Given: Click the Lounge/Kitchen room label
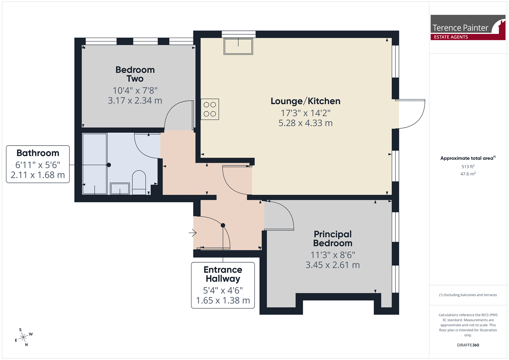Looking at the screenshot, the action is pyautogui.click(x=305, y=101).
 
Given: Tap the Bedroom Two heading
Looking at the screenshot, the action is pyautogui.click(x=135, y=74).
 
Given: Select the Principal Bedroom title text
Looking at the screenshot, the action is pyautogui.click(x=333, y=239).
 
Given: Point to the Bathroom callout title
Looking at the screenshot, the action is pyautogui.click(x=38, y=153).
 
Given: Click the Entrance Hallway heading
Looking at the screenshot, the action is pyautogui.click(x=223, y=274).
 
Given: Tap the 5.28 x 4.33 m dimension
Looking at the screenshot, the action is pyautogui.click(x=305, y=123).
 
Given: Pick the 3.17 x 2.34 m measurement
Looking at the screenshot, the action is pyautogui.click(x=135, y=101).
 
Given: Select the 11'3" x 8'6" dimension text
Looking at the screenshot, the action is pyautogui.click(x=333, y=255).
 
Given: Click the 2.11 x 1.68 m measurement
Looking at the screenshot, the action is pyautogui.click(x=38, y=175).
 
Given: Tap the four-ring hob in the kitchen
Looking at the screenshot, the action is pyautogui.click(x=210, y=109).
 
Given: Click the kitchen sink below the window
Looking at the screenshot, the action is pyautogui.click(x=238, y=46).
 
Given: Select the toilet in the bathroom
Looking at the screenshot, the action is pyautogui.click(x=139, y=182).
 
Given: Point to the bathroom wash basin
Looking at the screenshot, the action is pyautogui.click(x=120, y=188).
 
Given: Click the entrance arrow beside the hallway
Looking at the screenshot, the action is pyautogui.click(x=192, y=233).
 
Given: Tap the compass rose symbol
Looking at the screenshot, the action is pyautogui.click(x=24, y=337).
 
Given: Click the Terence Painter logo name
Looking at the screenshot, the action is pyautogui.click(x=460, y=28).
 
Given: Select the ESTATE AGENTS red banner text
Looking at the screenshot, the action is pyautogui.click(x=451, y=37).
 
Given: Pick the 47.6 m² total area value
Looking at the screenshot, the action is pyautogui.click(x=468, y=174).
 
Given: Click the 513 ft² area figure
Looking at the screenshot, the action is pyautogui.click(x=468, y=167).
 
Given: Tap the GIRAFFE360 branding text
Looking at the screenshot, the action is pyautogui.click(x=468, y=345).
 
